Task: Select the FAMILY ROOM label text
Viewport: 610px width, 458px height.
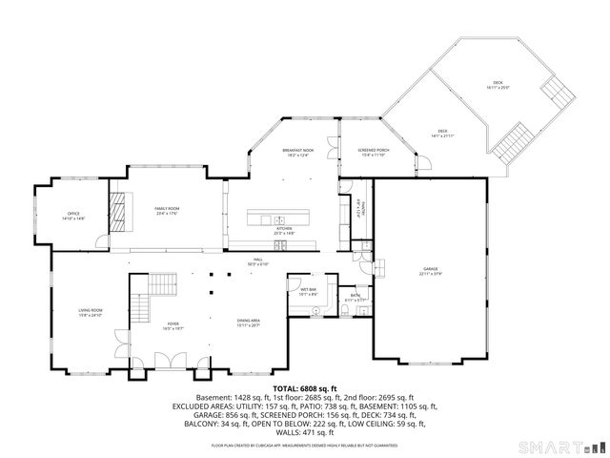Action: click(167, 210)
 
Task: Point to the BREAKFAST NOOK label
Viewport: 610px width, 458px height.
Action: click(297, 153)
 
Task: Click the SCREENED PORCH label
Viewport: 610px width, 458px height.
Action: click(371, 153)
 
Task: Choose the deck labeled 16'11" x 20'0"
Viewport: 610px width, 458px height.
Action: click(497, 86)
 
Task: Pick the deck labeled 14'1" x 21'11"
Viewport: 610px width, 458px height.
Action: click(442, 133)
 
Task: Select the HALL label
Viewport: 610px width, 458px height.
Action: click(257, 261)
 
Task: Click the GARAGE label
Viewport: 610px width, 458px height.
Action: click(430, 272)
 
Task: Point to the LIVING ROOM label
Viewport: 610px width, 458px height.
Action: click(90, 313)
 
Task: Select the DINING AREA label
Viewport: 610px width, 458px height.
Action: click(248, 323)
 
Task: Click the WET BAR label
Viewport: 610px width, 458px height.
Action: click(308, 292)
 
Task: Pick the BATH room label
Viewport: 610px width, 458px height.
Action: click(355, 298)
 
